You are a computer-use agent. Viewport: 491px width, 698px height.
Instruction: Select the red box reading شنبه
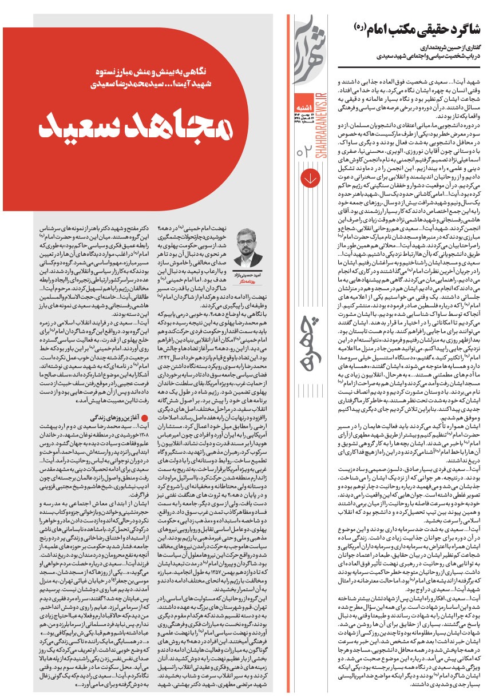(308, 104)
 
